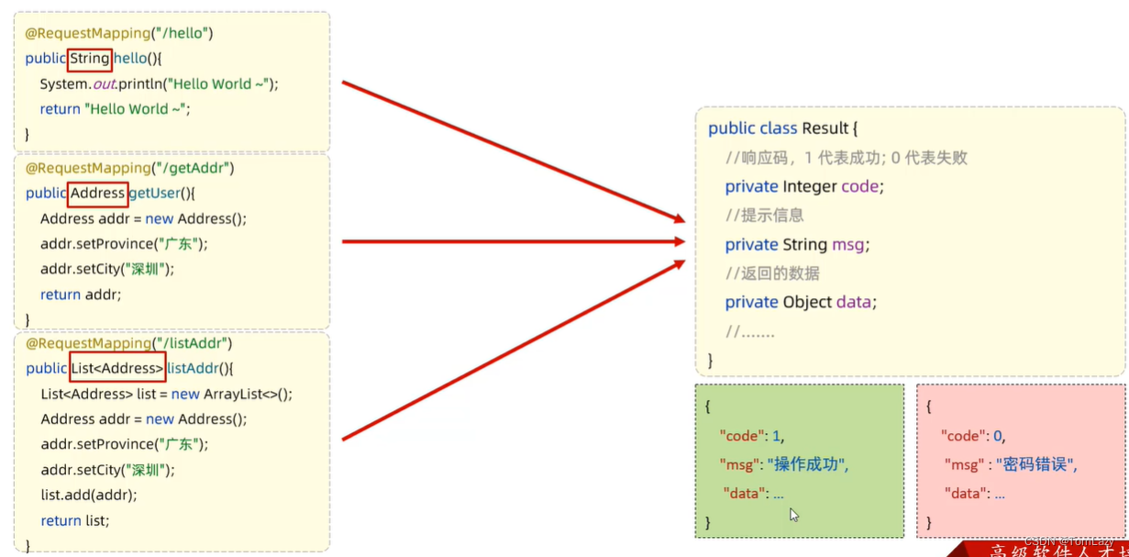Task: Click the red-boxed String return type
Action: [90, 59]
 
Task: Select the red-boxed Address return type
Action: [97, 194]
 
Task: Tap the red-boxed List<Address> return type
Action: [117, 368]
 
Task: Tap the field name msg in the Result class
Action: [848, 245]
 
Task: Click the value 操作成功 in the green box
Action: [809, 464]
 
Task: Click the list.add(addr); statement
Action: [89, 495]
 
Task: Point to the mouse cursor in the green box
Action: [793, 515]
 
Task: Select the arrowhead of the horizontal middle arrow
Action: [679, 241]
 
